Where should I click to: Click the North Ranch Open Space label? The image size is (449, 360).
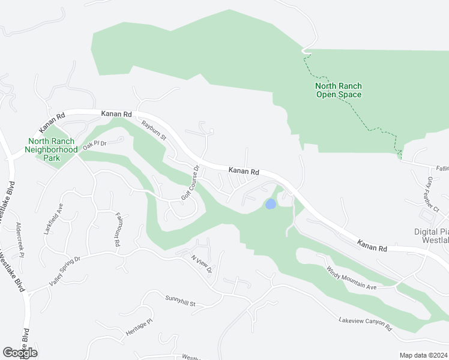[x=338, y=90]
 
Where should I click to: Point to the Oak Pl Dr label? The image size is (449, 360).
[x=94, y=145]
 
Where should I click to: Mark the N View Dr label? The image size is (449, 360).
[x=201, y=264]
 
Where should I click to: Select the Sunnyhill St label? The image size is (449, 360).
[x=181, y=301]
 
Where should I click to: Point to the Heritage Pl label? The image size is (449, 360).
[x=140, y=327]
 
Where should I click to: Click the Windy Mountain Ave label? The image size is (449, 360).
[x=351, y=279]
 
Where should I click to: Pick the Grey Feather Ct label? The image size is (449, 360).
[x=433, y=193]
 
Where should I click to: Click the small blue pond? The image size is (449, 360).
[x=271, y=204]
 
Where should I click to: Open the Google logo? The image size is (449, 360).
[x=20, y=353]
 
